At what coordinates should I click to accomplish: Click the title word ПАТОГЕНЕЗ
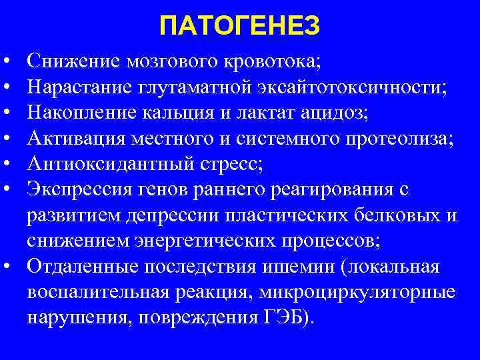240,27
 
